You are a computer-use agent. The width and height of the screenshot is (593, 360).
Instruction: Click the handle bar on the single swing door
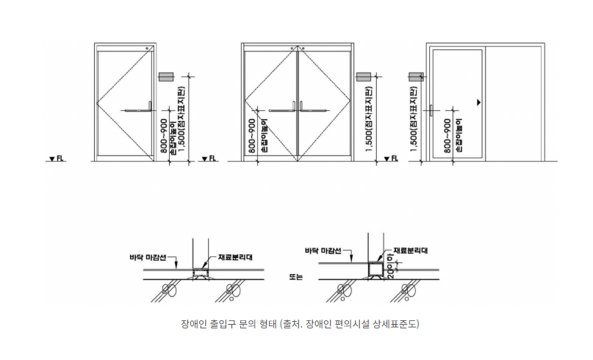click(136, 111)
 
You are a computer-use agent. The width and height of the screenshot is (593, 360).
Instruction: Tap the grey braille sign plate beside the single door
click(165, 76)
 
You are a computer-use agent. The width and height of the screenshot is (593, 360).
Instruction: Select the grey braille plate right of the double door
click(363, 76)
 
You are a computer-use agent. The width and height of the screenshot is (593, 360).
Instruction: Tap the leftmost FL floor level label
click(54, 158)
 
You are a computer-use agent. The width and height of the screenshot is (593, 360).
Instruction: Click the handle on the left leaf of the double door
click(281, 111)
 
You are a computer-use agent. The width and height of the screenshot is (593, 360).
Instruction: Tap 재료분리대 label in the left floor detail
click(235, 257)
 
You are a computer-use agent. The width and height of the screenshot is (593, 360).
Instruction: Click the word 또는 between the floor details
click(296, 276)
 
